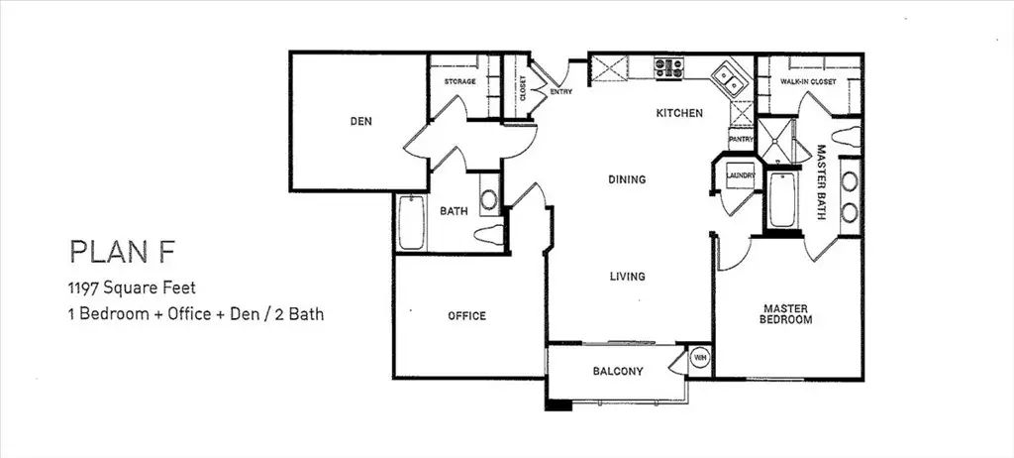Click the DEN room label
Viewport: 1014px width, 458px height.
pyautogui.click(x=360, y=121)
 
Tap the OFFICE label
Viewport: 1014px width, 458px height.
pyautogui.click(x=467, y=316)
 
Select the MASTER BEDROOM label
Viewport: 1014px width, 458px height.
pyautogui.click(x=785, y=314)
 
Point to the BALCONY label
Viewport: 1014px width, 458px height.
pyautogui.click(x=618, y=371)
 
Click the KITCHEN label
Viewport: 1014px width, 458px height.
pyautogui.click(x=679, y=113)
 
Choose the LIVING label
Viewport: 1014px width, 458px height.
pyautogui.click(x=627, y=277)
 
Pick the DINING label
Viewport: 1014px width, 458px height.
pyautogui.click(x=627, y=179)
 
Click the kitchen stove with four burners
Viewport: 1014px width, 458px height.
pyautogui.click(x=668, y=68)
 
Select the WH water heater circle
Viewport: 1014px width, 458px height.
pyautogui.click(x=699, y=357)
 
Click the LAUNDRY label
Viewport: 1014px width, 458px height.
pyautogui.click(x=741, y=175)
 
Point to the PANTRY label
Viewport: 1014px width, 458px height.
pyautogui.click(x=741, y=139)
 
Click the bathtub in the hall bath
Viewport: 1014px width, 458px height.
pyautogui.click(x=411, y=223)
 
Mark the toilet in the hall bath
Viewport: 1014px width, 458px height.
pyautogui.click(x=489, y=235)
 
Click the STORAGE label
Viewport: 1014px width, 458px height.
pyautogui.click(x=459, y=81)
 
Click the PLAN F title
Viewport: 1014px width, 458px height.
pyautogui.click(x=122, y=252)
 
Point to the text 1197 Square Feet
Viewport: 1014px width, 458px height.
pyautogui.click(x=132, y=286)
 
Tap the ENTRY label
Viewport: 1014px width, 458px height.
pyautogui.click(x=560, y=92)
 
